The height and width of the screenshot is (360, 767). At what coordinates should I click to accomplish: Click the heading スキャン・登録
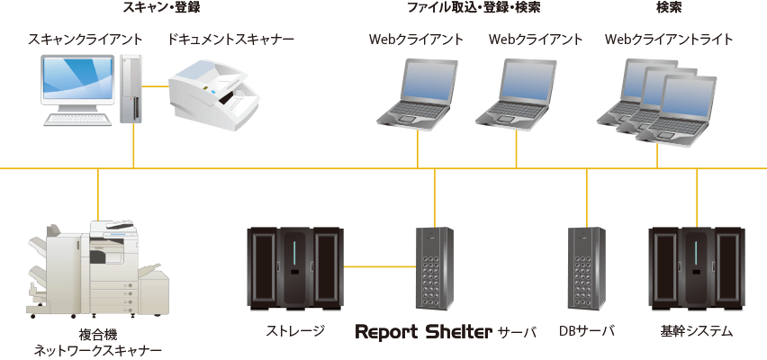pos(161,8)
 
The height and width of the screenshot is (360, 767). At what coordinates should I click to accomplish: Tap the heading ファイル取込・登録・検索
pos(463,8)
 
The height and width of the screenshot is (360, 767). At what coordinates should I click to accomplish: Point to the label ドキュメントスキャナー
pos(230,40)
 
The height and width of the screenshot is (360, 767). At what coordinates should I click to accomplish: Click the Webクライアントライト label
pos(669,40)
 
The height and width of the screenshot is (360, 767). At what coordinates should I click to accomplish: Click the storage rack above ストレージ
pos(295,267)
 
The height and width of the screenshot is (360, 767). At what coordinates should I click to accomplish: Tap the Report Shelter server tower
pos(434,267)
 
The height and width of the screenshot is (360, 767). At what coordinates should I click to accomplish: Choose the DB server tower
pos(586,267)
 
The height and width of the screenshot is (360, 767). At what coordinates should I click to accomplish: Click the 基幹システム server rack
pos(697,267)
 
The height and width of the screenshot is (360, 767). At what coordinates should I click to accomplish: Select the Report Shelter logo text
pos(424,332)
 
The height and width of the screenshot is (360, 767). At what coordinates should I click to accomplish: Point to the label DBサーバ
pos(586,332)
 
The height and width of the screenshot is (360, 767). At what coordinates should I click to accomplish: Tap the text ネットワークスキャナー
pos(98,350)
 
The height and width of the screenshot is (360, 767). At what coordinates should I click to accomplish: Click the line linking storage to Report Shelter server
pos(379,266)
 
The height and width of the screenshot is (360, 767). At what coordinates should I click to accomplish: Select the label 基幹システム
pos(697,332)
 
